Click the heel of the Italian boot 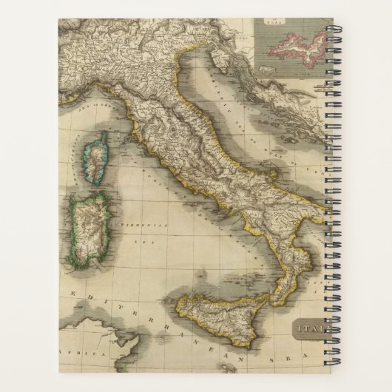[x=314, y=222]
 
